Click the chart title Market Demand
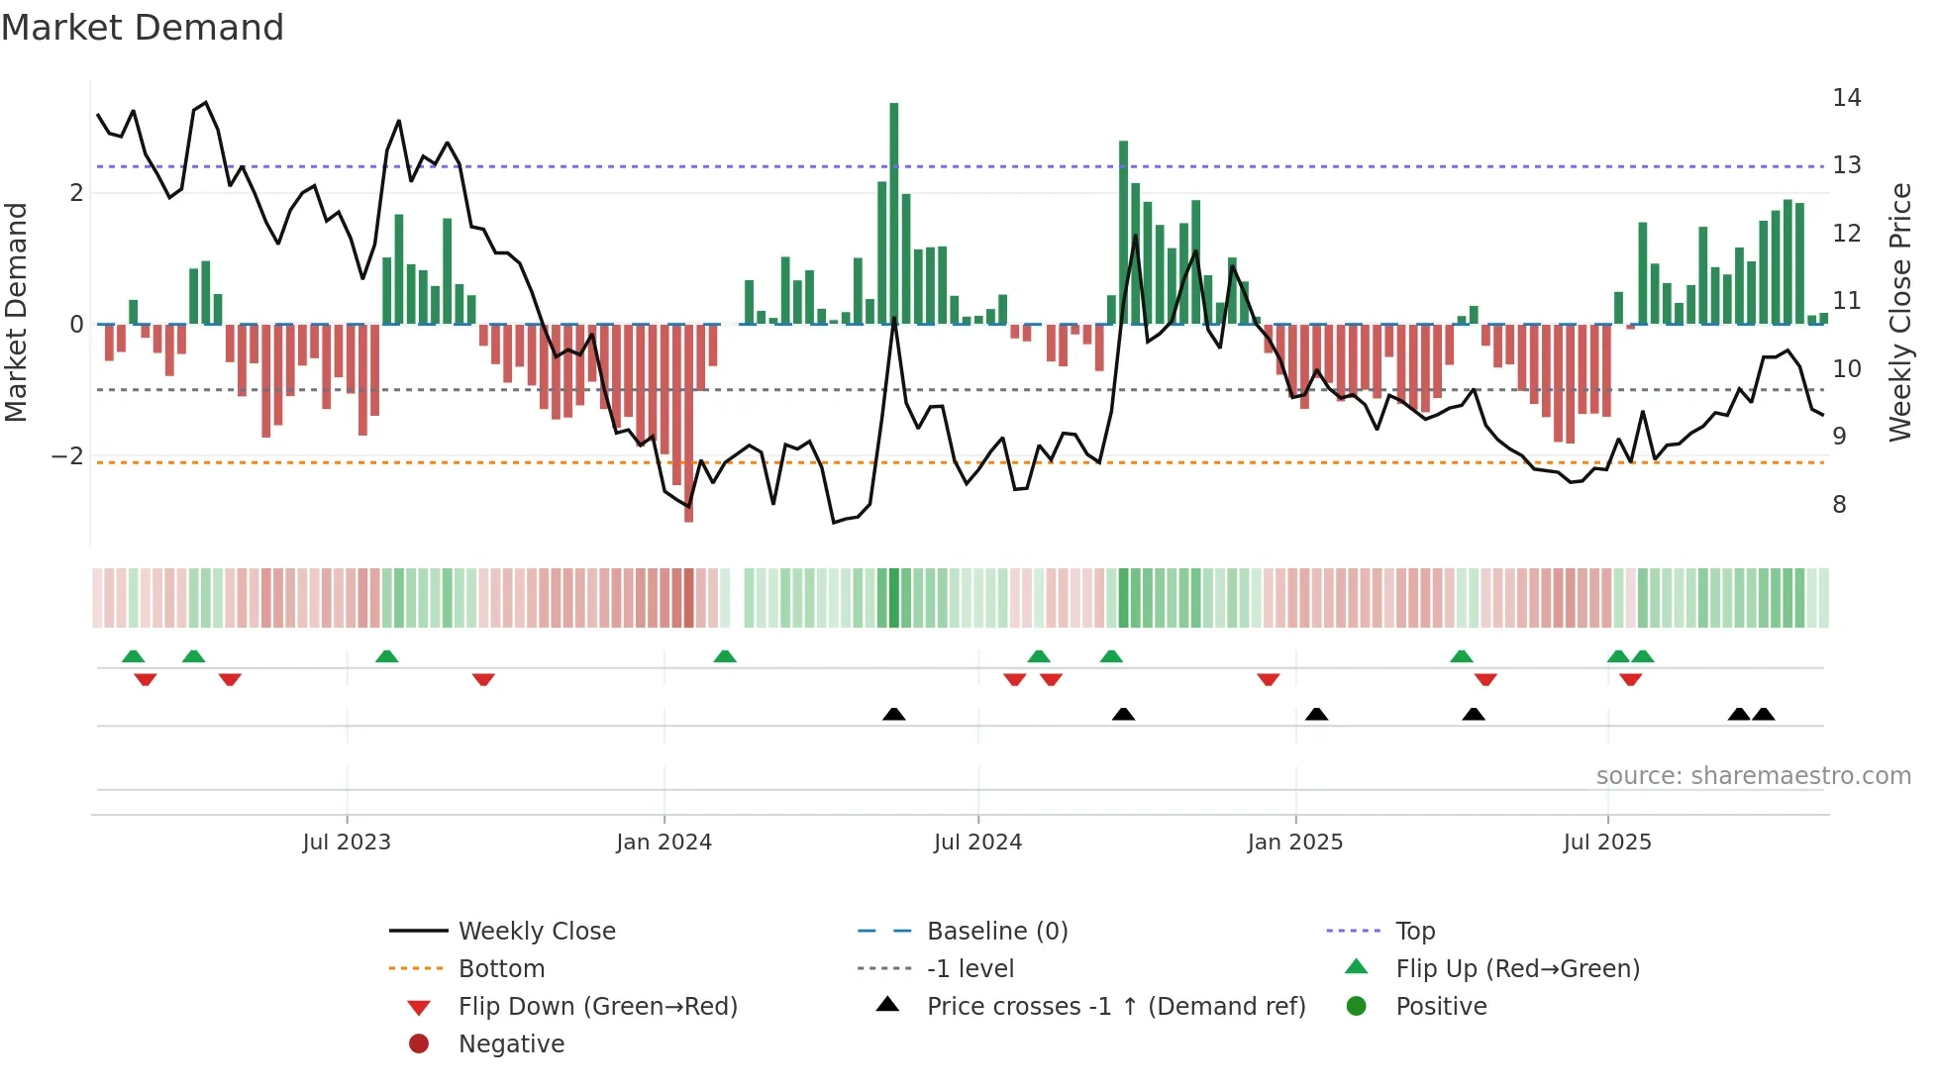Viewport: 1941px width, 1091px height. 143,28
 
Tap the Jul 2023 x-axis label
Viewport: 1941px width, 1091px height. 347,843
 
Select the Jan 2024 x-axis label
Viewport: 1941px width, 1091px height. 664,843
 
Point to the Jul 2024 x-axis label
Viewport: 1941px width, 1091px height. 977,843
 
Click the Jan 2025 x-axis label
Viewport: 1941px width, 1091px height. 1294,843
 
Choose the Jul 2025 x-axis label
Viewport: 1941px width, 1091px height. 1607,843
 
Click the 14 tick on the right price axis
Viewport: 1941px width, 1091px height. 1846,98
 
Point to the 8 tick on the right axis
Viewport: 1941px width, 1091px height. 1839,505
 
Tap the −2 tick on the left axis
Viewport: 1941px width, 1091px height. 67,456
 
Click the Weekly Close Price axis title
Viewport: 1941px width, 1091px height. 1899,312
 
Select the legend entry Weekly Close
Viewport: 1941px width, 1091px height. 536,932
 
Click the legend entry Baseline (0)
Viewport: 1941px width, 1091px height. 996,932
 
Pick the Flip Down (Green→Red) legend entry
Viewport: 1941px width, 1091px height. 597,1007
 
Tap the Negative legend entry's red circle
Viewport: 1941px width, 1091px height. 419,1044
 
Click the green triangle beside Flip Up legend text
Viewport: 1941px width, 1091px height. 1357,967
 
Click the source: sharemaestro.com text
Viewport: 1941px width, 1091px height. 1753,776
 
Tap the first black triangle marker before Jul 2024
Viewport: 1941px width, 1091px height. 894,714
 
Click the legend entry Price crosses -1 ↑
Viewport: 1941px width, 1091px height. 1115,1007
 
